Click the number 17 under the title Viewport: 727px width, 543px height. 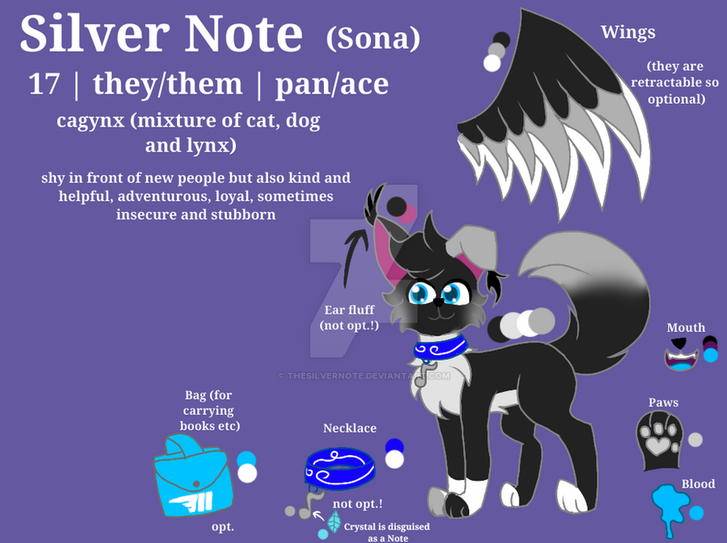44,84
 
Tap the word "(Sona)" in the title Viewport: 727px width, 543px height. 373,39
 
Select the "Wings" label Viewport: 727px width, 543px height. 628,33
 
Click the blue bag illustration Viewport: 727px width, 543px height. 193,475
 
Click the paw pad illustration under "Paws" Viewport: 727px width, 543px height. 659,440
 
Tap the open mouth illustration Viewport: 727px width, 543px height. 681,355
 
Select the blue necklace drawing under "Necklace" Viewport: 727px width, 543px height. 339,468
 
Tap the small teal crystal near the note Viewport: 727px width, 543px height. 334,521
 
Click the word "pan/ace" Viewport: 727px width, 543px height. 332,85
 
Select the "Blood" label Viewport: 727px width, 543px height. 698,484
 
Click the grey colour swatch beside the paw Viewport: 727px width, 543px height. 695,439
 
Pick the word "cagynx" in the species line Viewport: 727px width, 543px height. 90,121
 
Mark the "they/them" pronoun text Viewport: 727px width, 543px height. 167,84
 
